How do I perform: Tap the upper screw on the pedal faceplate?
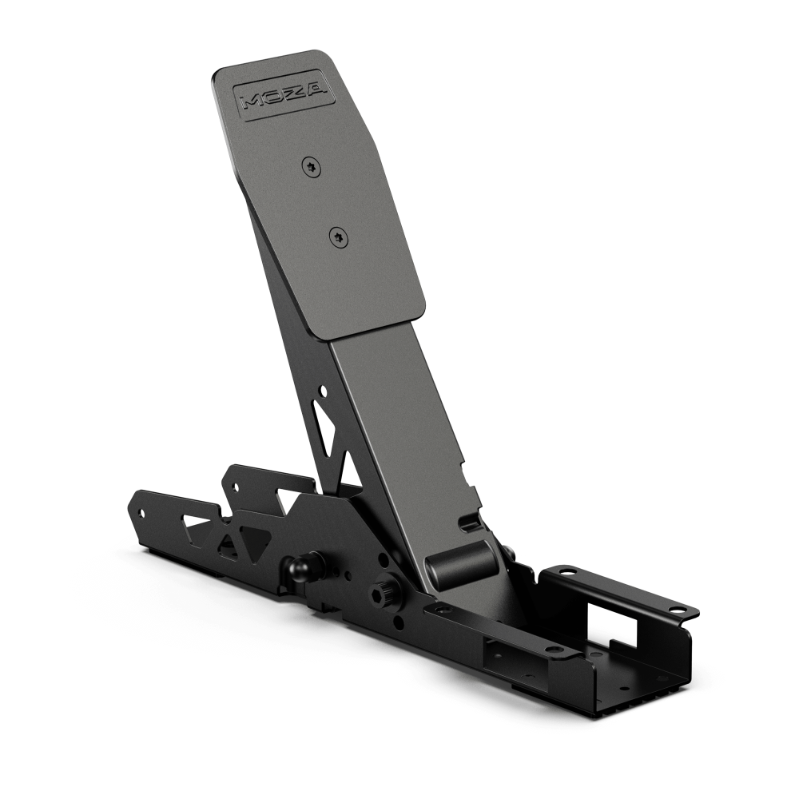[x=312, y=166]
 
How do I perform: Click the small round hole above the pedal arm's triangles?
[x=322, y=392]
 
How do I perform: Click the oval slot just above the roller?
[x=471, y=523]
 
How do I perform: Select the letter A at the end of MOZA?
[x=316, y=89]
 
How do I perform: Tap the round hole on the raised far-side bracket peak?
[x=237, y=484]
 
